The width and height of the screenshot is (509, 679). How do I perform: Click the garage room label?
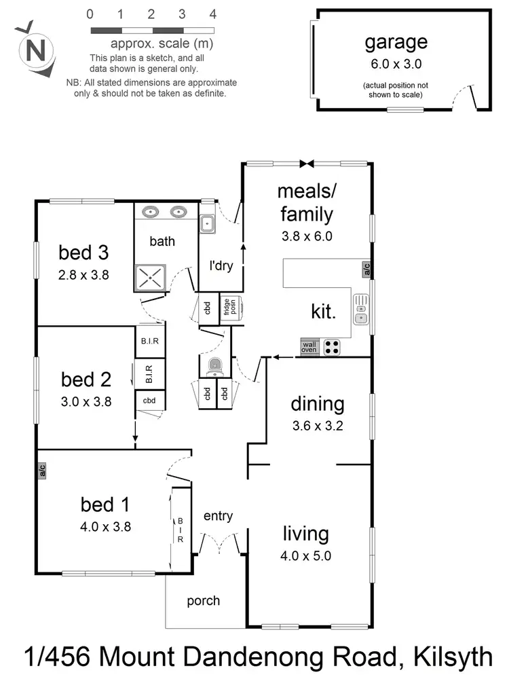(x=396, y=42)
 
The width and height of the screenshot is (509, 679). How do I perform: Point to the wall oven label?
(x=309, y=348)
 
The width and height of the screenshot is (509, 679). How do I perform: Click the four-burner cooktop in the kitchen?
(x=332, y=347)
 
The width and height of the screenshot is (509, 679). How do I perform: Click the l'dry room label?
(x=221, y=265)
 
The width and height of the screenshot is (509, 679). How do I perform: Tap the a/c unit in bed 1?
(x=41, y=470)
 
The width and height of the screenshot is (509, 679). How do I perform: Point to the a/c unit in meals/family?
(x=366, y=269)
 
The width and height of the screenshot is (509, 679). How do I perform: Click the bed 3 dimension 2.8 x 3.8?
(x=84, y=275)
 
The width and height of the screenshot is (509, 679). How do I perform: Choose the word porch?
(x=203, y=600)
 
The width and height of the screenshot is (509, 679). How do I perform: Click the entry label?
(x=218, y=516)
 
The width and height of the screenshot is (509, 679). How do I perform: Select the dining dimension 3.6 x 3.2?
(x=318, y=428)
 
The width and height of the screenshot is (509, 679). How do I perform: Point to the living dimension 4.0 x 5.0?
(x=306, y=556)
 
